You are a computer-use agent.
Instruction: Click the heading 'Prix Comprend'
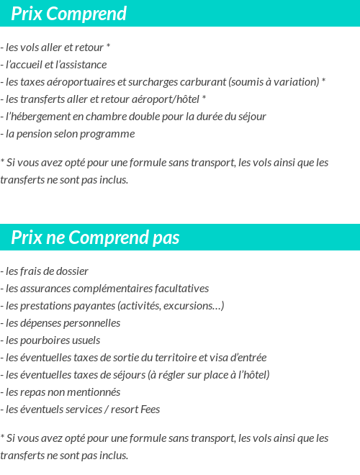tap(69, 14)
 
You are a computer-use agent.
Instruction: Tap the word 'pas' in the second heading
tap(166, 238)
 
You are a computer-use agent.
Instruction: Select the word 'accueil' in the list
tap(32, 65)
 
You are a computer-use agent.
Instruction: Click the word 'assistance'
tap(83, 65)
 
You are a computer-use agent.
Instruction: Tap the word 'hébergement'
tap(44, 117)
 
